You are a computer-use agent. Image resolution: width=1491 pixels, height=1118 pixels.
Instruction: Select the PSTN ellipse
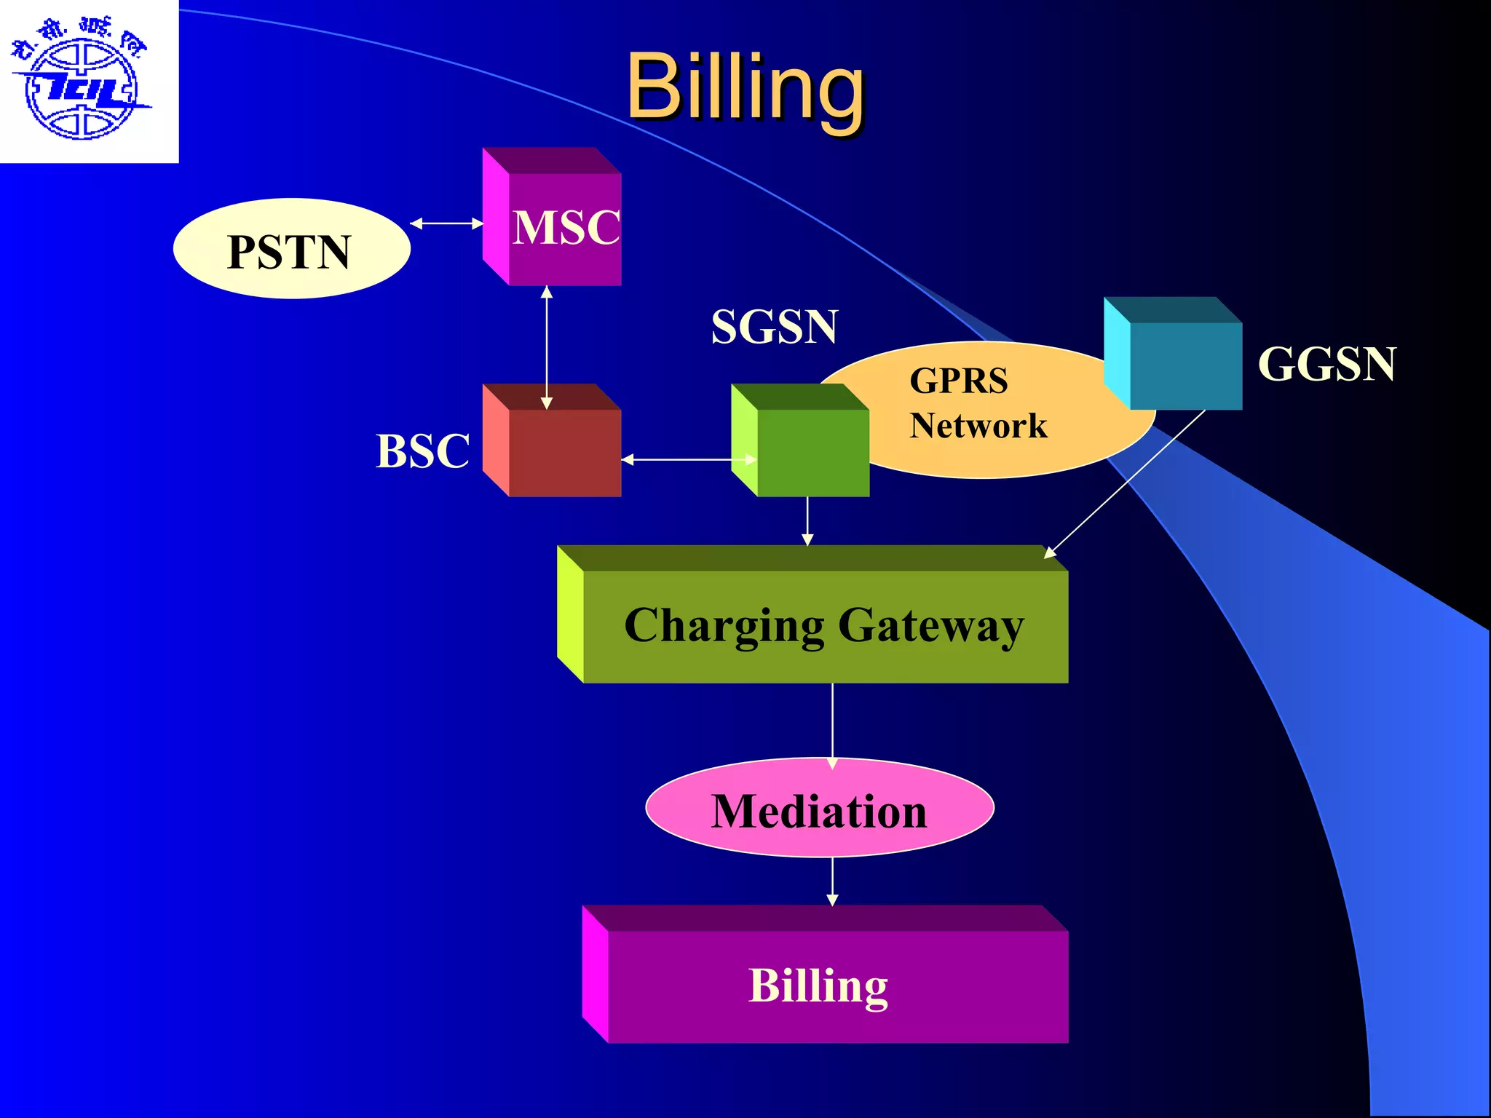(291, 249)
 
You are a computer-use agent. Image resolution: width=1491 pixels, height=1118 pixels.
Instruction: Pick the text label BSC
(422, 451)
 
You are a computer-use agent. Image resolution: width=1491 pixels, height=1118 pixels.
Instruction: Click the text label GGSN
(1326, 363)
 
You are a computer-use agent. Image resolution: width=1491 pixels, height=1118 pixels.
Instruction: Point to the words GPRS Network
(978, 403)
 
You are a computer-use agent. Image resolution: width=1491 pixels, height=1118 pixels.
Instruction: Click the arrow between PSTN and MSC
(446, 223)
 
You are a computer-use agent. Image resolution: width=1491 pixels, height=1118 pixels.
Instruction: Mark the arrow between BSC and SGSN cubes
(688, 459)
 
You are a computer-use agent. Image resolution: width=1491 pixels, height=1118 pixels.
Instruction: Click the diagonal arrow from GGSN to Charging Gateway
(1125, 484)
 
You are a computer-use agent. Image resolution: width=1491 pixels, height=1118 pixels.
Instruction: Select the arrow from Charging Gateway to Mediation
(832, 724)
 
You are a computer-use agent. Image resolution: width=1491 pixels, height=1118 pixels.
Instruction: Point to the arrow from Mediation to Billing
(832, 881)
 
